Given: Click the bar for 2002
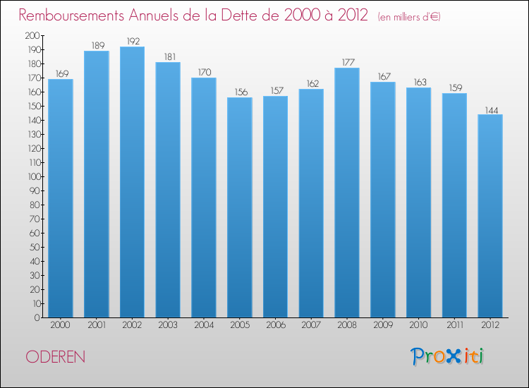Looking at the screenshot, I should coord(132,182).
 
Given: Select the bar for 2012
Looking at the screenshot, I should coord(490,216).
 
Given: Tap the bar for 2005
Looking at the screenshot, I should coord(239,207).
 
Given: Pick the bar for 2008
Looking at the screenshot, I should coord(346,193).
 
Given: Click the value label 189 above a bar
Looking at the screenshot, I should coord(96,45).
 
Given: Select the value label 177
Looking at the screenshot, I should coord(346,62).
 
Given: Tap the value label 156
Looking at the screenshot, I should coord(239,92).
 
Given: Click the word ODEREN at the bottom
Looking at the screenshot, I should coord(56,357).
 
